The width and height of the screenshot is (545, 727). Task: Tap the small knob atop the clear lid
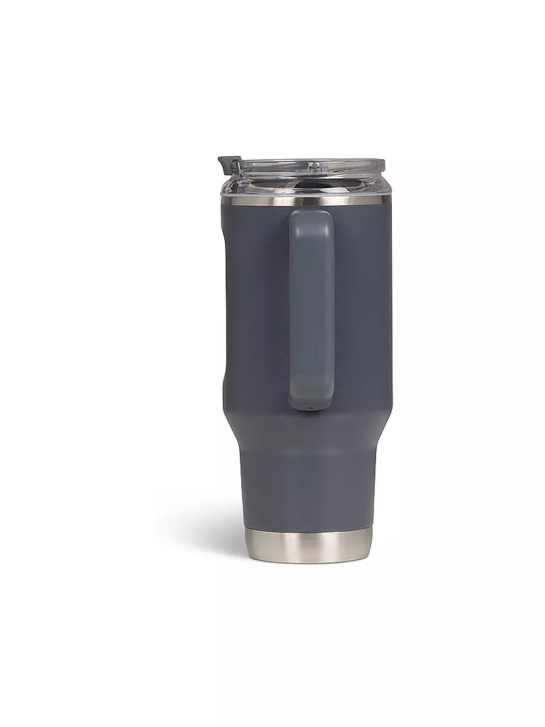coord(313,167)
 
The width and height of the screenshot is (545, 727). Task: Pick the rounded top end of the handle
coord(310,216)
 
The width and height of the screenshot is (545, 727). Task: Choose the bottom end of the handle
coord(310,403)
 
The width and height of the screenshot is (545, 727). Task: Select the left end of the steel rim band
coord(225,200)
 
